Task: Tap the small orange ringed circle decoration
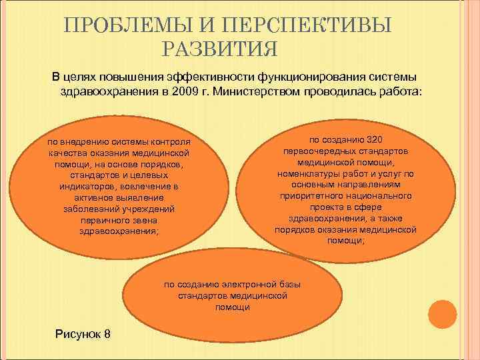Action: click(x=441, y=315)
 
